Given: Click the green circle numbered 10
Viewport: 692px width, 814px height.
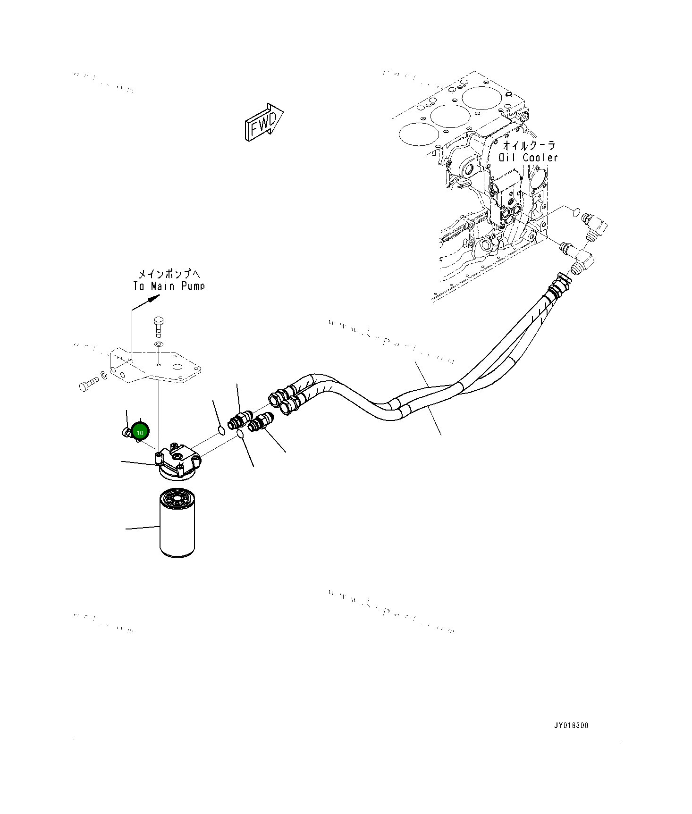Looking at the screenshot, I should [x=140, y=431].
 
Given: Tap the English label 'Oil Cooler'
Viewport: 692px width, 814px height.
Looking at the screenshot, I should [x=529, y=158].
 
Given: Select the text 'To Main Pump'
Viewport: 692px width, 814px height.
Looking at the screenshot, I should [x=169, y=286].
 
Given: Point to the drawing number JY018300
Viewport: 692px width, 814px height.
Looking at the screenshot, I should [x=571, y=738].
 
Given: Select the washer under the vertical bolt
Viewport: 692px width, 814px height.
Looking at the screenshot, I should [x=159, y=345].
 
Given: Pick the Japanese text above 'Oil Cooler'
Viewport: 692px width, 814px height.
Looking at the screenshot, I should [x=529, y=144].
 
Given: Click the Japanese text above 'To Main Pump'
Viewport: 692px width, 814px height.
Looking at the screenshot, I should [x=169, y=274].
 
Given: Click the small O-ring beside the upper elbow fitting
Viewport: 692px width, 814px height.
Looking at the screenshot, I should [x=576, y=212].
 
